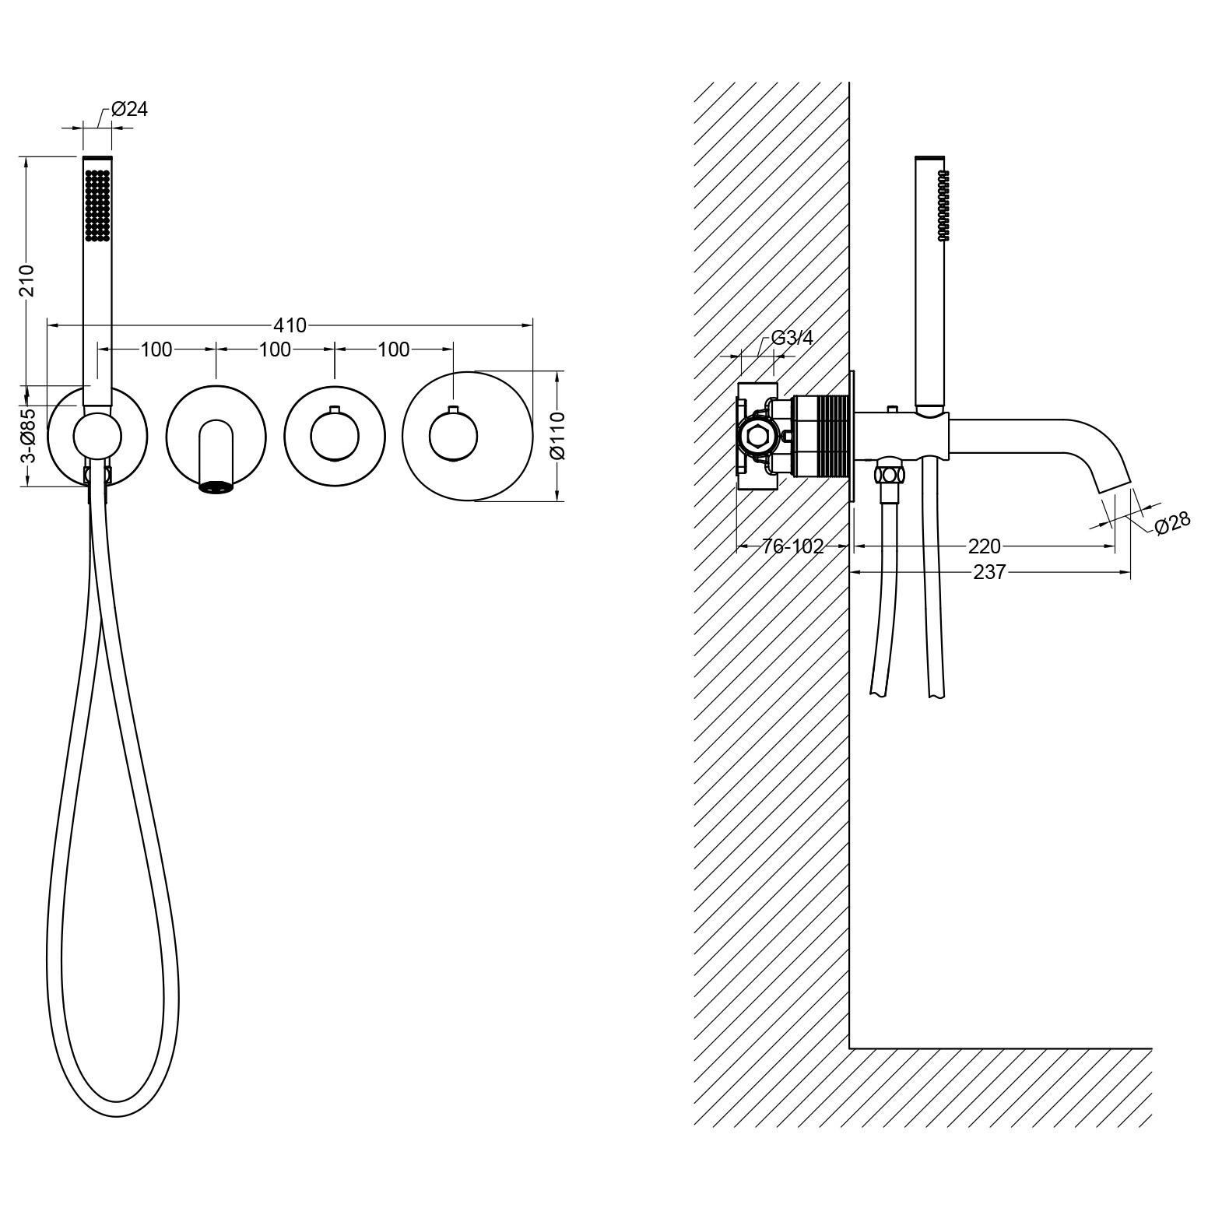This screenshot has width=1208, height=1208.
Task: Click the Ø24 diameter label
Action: click(129, 109)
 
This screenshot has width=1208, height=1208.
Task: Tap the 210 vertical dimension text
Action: click(27, 280)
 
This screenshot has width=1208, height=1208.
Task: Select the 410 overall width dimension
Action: click(290, 325)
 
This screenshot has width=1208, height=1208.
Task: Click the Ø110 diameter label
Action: click(558, 436)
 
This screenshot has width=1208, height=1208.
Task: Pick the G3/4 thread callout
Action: click(792, 338)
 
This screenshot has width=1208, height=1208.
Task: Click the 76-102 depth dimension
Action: click(792, 546)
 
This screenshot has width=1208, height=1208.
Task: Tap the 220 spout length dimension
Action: click(984, 546)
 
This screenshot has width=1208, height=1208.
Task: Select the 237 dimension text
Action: click(990, 572)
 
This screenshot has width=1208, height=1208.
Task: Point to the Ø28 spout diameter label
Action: click(1171, 522)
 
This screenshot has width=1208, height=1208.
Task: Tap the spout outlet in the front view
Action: click(217, 487)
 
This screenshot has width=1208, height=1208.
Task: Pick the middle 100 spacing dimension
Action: click(275, 349)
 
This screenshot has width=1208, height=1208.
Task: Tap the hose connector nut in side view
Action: click(889, 474)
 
